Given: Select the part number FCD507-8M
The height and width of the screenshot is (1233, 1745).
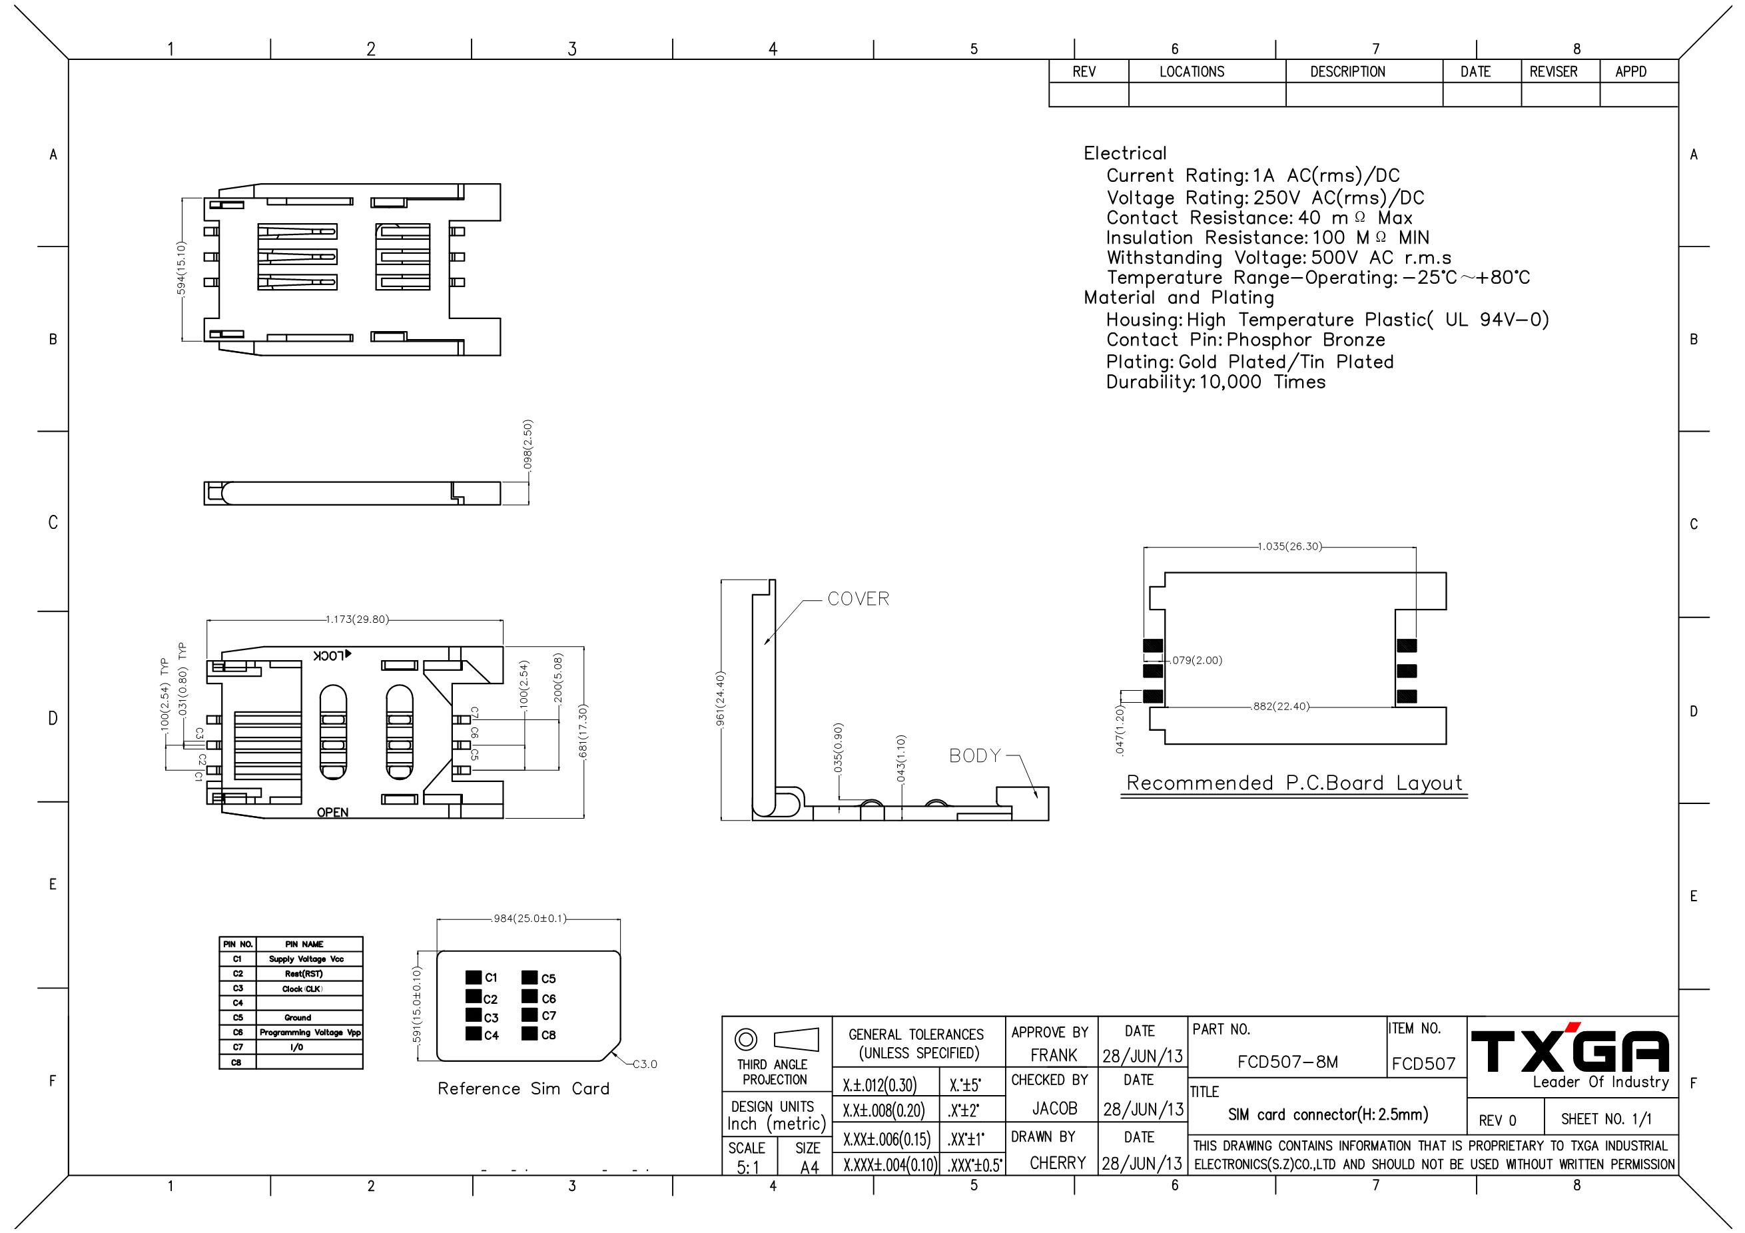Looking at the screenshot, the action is tap(1287, 1062).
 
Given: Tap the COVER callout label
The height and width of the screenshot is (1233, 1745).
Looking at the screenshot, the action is tap(858, 599).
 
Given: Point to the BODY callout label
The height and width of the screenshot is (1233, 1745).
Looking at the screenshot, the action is tap(975, 755).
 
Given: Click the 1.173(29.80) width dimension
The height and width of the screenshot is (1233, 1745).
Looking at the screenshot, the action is tap(357, 619).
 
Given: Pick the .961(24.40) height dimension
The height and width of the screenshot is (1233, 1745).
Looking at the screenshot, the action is tap(721, 699).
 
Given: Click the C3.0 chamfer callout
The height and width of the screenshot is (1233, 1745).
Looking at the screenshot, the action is tap(645, 1064).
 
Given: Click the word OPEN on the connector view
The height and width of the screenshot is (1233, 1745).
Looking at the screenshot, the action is tap(333, 813).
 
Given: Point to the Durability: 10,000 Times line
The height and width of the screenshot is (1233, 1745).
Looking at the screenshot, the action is tap(1216, 382).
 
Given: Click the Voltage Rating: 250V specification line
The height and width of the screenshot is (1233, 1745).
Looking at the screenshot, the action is tap(1265, 198).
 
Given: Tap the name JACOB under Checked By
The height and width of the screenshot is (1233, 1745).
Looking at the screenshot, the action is tap(1054, 1108).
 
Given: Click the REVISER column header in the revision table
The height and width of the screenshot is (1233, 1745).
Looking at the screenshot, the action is tap(1553, 71).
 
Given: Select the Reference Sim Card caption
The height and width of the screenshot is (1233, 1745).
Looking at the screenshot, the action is tap(523, 1088).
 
